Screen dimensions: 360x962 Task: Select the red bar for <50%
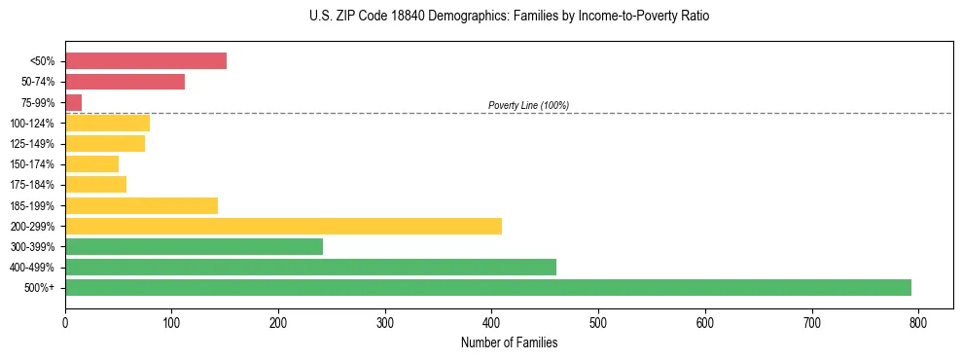[x=146, y=61]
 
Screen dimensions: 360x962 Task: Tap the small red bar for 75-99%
[x=73, y=102]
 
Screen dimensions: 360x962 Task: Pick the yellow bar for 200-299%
[x=283, y=226]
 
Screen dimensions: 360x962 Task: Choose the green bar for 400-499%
[x=310, y=268]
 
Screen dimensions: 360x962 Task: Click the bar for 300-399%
[x=194, y=247]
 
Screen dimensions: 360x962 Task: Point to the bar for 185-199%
[x=141, y=205]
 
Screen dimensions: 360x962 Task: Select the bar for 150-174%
[x=91, y=164]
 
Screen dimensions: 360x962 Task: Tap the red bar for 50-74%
[x=125, y=82]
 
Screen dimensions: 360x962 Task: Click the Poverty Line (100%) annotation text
[x=528, y=105]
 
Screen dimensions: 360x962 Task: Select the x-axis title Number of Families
[x=509, y=342]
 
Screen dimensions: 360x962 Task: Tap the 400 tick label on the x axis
[x=491, y=322]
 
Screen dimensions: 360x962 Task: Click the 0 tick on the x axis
[x=65, y=322]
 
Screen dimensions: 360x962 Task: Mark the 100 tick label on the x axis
[x=171, y=322]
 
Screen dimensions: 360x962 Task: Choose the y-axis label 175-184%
[x=32, y=185]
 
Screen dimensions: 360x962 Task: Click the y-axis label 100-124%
[x=32, y=124]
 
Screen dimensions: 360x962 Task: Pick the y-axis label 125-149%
[x=32, y=144]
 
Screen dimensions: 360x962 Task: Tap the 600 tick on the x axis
[x=704, y=322]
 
